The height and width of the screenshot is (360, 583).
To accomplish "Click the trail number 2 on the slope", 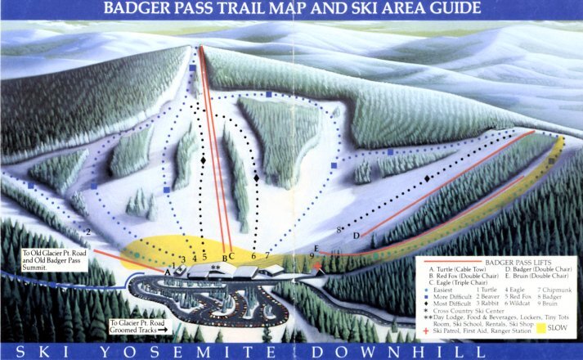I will click(87, 232).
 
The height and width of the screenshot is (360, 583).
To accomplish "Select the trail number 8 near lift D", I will click(339, 230).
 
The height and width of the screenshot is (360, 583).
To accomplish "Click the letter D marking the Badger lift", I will click(356, 236).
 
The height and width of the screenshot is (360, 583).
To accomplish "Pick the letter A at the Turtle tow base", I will click(166, 271).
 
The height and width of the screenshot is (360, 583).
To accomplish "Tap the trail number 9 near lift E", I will click(311, 256).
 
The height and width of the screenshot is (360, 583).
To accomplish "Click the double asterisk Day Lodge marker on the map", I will click(216, 266).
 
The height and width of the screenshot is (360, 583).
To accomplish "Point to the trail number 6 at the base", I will click(253, 257).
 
